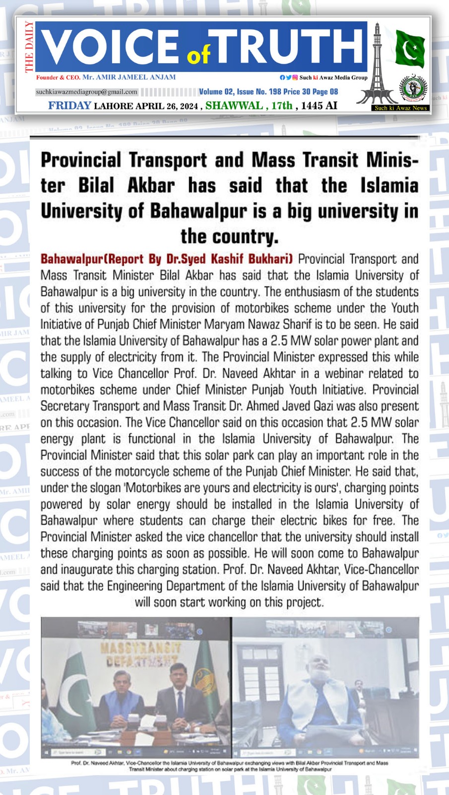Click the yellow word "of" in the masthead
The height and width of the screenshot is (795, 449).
coord(198,55)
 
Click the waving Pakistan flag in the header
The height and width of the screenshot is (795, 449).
coord(410,48)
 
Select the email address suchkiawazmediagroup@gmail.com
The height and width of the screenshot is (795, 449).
coord(87,92)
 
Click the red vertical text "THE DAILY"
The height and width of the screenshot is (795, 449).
coord(29,47)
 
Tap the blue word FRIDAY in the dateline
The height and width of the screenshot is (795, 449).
coord(69,105)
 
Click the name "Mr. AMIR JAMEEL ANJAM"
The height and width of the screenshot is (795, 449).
coord(129,78)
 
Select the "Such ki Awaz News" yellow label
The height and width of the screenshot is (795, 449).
coord(400,108)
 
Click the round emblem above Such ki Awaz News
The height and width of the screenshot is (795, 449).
coord(413,88)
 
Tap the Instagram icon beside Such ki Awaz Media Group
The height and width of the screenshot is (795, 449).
coord(295,78)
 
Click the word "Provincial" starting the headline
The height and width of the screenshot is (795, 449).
coord(81,160)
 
